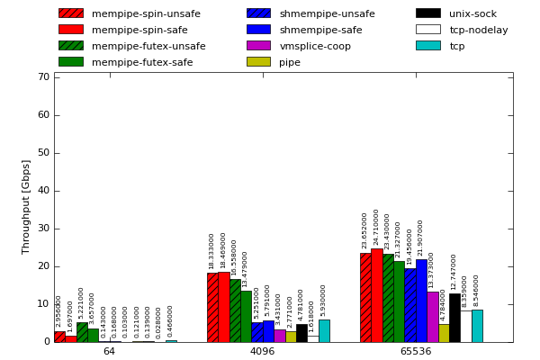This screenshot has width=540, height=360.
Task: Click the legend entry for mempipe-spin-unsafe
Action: click(130, 13)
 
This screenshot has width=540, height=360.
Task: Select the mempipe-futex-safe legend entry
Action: click(130, 62)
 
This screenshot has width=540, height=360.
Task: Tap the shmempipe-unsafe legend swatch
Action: click(258, 13)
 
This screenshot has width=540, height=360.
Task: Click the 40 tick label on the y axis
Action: click(43, 190)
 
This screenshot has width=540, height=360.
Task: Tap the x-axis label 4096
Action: click(262, 351)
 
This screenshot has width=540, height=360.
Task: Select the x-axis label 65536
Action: click(415, 351)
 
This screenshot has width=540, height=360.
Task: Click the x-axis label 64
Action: click(109, 351)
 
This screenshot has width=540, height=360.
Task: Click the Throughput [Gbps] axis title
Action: click(26, 207)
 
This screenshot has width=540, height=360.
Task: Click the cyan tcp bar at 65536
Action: click(477, 326)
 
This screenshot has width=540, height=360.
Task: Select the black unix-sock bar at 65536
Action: click(454, 318)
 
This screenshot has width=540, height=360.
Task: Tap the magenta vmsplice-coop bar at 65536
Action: click(432, 317)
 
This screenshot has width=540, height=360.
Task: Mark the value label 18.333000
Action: click(212, 251)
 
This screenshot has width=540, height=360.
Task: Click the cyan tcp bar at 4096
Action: click(324, 330)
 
